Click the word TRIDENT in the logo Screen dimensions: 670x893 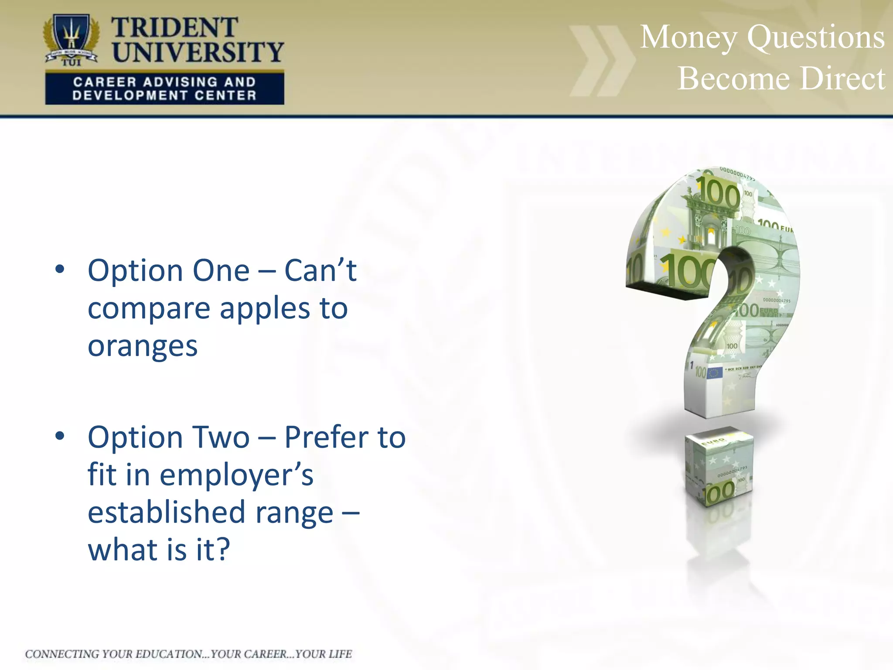click(174, 28)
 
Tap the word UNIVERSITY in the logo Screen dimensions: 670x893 click(198, 52)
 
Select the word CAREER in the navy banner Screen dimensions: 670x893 click(105, 82)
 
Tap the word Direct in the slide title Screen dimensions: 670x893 click(842, 79)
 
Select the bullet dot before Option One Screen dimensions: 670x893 click(60, 269)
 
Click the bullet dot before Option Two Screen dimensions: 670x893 click(60, 435)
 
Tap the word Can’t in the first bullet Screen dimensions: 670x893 click(320, 270)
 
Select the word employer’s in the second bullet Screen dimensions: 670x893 click(236, 475)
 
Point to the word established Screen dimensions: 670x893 click(167, 512)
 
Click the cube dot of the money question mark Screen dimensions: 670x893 click(719, 467)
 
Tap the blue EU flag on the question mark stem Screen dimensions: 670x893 click(714, 373)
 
